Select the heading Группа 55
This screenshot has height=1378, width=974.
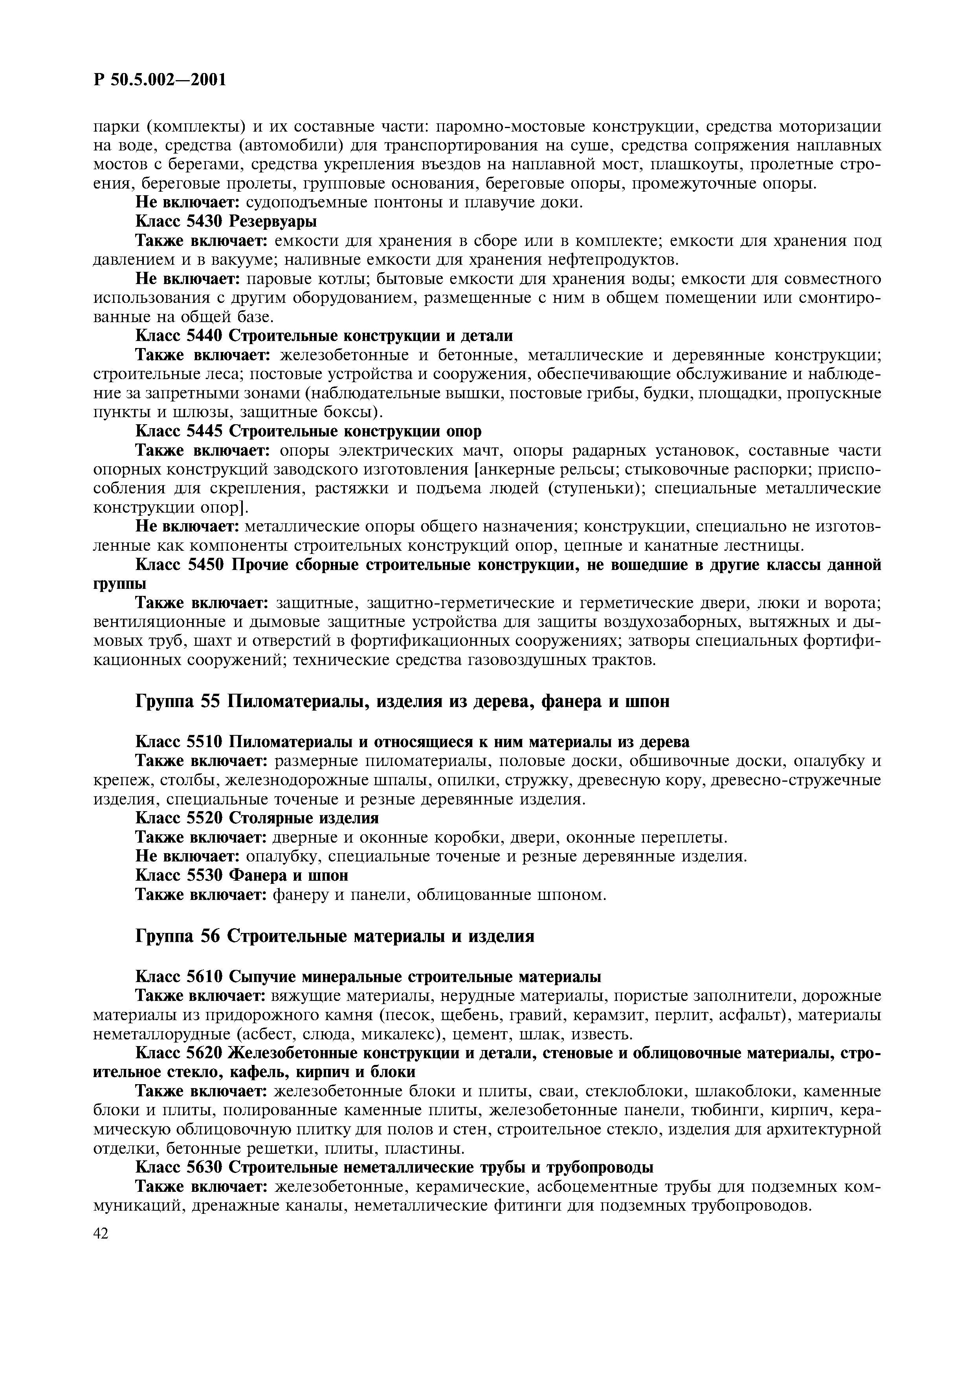click(x=178, y=701)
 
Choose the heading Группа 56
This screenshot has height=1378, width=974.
click(x=178, y=936)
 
